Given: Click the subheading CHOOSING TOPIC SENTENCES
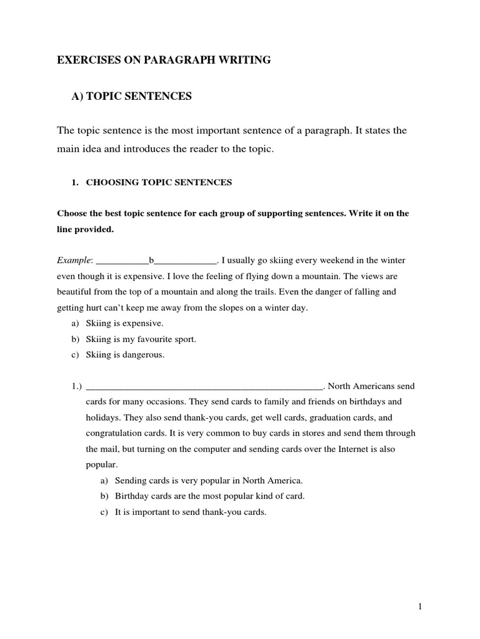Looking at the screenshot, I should (x=158, y=182).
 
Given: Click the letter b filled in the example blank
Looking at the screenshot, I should (x=151, y=260).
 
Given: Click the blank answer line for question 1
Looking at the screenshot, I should (x=204, y=386).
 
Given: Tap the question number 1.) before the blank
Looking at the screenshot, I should (x=77, y=386).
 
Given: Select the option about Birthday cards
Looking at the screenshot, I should (x=209, y=496).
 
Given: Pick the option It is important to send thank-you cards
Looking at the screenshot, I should (x=191, y=512).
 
